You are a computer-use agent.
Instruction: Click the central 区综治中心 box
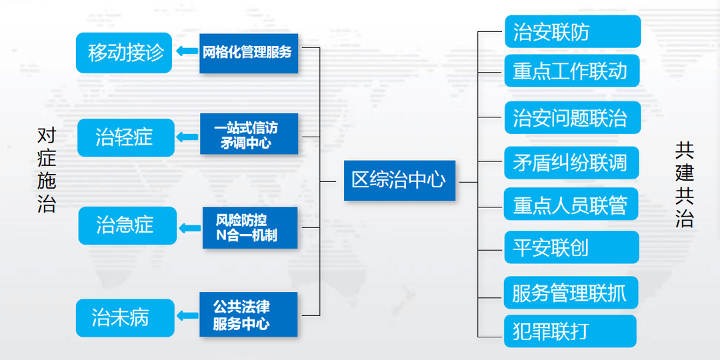(399, 180)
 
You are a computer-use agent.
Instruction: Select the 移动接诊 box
(124, 53)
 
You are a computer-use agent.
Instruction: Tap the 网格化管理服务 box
(249, 53)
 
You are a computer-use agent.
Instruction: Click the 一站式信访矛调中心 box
(249, 133)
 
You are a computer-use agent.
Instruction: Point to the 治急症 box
(127, 225)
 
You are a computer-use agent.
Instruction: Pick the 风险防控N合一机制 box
(250, 228)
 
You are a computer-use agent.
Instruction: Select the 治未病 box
(125, 318)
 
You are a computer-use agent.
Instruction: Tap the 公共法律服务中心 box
(249, 314)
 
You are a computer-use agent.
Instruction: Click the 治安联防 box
(573, 31)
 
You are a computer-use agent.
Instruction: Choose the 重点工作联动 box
(572, 71)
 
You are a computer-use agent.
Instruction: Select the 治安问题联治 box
(573, 117)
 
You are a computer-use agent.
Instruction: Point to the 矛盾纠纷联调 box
(572, 163)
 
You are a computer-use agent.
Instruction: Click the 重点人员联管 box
(571, 204)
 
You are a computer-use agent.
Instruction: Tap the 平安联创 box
(572, 247)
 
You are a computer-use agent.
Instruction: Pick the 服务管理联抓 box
(571, 293)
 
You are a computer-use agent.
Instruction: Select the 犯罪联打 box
(570, 331)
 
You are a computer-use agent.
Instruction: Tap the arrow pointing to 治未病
(187, 315)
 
